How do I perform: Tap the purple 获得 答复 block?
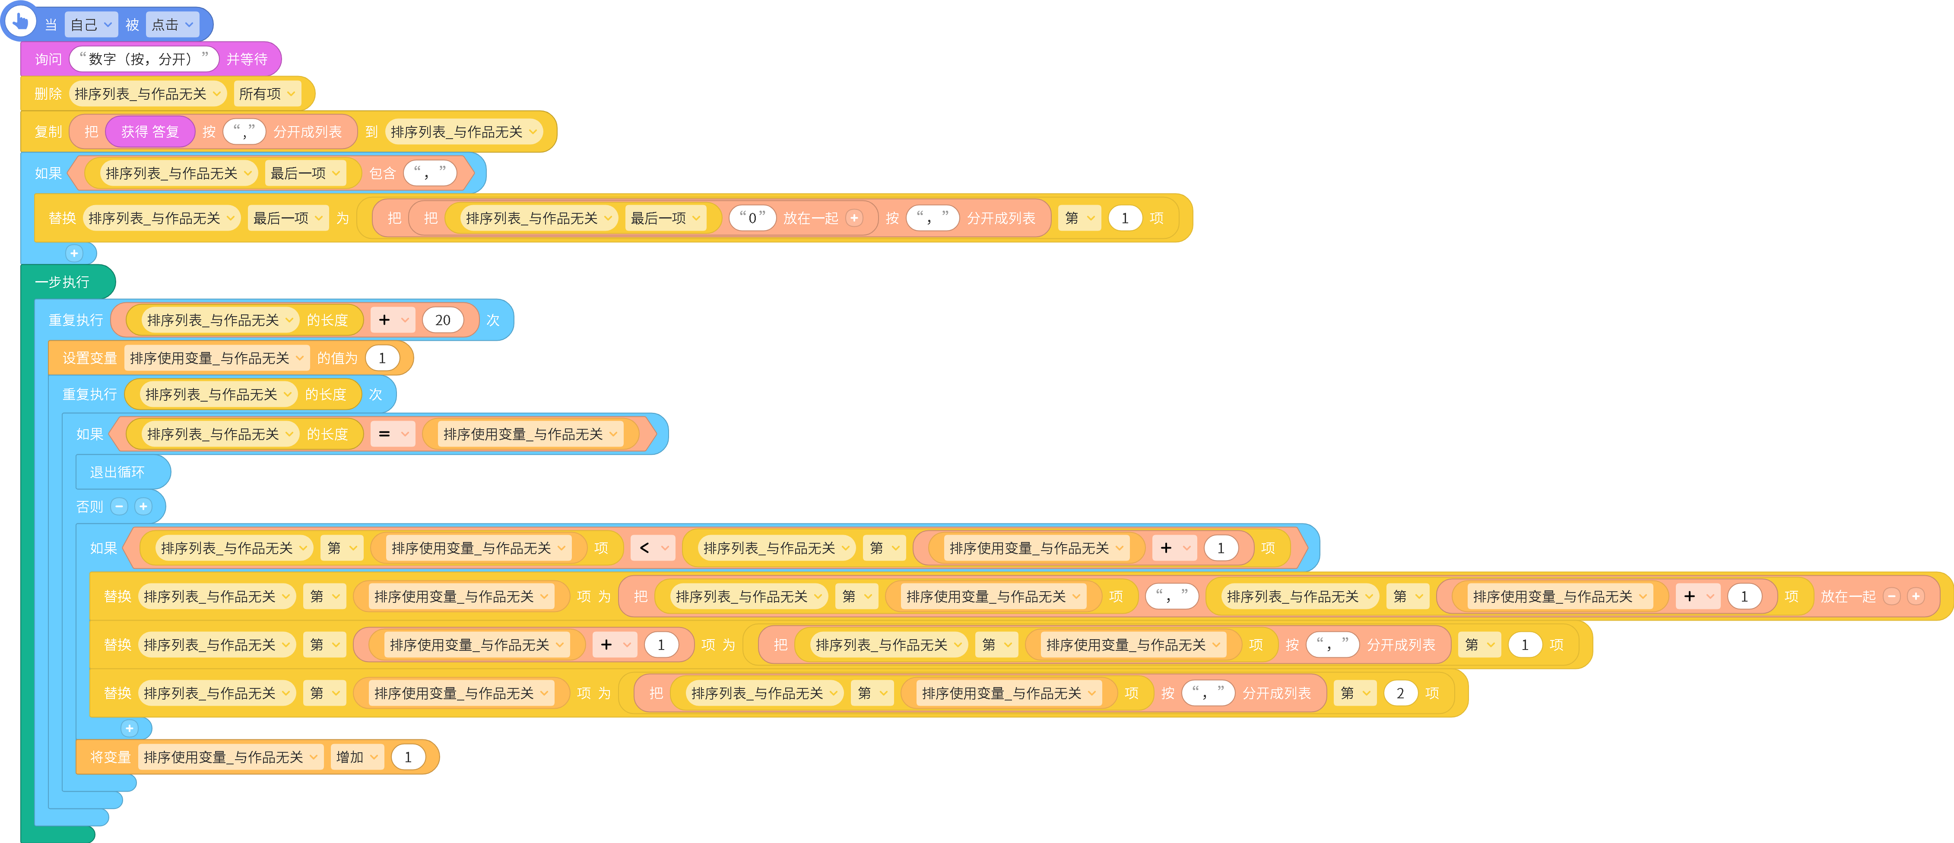150,131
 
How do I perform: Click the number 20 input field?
443,320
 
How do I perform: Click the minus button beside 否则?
119,506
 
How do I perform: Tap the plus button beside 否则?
143,506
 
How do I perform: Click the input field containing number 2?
1400,693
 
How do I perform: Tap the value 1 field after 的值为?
382,358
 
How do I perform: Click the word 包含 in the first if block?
382,173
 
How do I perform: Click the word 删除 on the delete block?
48,93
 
